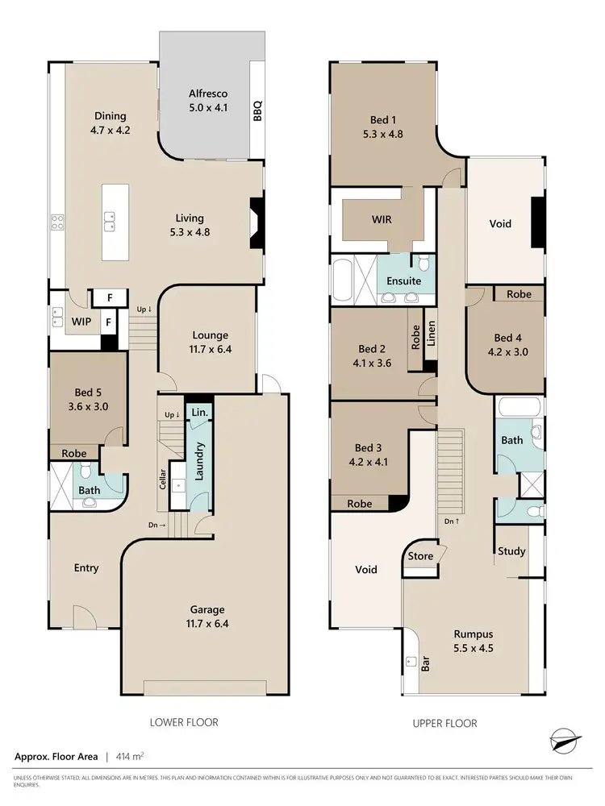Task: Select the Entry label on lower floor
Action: pos(86,568)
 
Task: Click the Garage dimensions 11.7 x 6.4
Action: pos(207,623)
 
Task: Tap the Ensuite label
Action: pos(404,280)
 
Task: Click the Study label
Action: pos(511,551)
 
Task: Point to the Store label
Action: pos(421,556)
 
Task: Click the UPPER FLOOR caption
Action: pos(444,723)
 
